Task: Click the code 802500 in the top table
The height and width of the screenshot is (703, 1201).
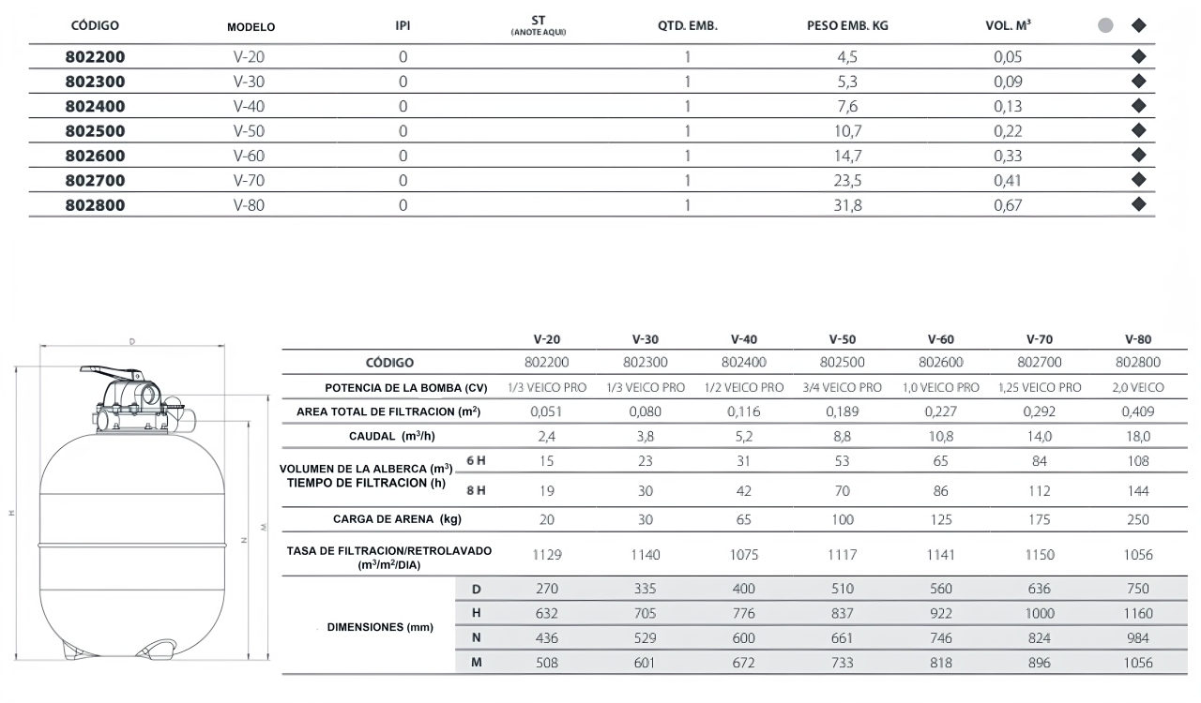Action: click(95, 130)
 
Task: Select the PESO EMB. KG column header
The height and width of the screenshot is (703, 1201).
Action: click(847, 26)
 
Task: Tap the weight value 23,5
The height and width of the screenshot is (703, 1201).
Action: click(847, 180)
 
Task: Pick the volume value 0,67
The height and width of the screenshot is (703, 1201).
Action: click(1008, 204)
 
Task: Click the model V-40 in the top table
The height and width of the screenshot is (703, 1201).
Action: click(249, 106)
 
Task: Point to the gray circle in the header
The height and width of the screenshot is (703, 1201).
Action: click(1105, 25)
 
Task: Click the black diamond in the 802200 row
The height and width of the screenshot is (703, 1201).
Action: click(1139, 56)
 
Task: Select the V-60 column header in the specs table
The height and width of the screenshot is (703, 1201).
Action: click(941, 339)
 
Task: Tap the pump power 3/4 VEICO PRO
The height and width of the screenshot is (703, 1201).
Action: click(842, 387)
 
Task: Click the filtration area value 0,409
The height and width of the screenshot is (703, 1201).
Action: click(1137, 411)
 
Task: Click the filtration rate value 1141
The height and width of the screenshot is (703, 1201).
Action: click(940, 554)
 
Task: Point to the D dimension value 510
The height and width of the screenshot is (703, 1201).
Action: click(842, 589)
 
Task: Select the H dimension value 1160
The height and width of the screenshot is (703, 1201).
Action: click(1137, 614)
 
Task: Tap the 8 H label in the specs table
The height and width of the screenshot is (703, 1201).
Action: click(476, 490)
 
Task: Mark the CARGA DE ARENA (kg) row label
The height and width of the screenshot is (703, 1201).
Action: click(397, 519)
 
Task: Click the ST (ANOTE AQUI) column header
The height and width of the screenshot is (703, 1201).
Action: click(538, 23)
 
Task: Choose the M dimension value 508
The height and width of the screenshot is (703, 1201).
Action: click(546, 664)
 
